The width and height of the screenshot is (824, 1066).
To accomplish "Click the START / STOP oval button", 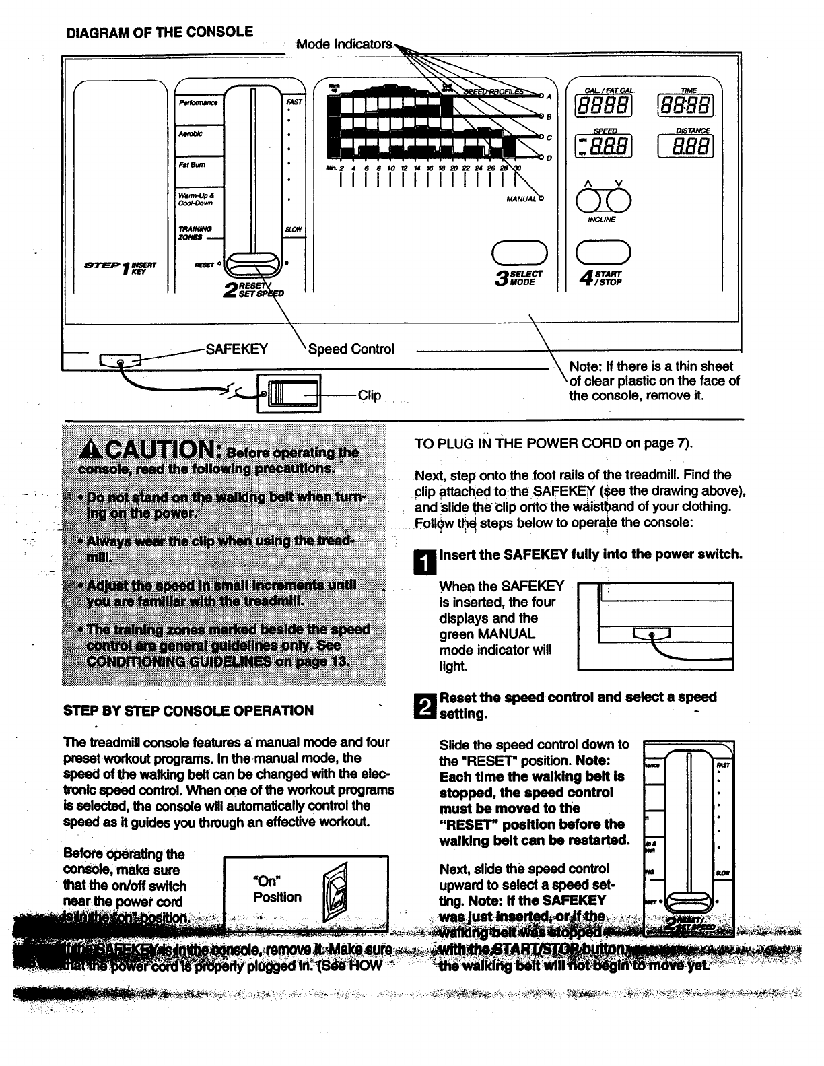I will pyautogui.click(x=603, y=253).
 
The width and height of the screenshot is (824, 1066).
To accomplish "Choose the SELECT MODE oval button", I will pyautogui.click(x=519, y=253).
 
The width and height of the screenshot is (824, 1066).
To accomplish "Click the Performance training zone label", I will pyautogui.click(x=198, y=103).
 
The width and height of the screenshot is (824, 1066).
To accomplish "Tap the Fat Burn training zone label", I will pyautogui.click(x=193, y=164).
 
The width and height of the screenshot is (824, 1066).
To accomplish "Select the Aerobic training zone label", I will pyautogui.click(x=191, y=133).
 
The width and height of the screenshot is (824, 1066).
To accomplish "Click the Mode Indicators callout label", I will pyautogui.click(x=344, y=44).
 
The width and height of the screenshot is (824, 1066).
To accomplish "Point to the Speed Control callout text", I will pyautogui.click(x=351, y=349).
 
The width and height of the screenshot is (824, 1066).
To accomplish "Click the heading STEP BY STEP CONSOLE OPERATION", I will pyautogui.click(x=188, y=710).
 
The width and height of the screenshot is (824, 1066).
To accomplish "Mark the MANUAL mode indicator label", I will pyautogui.click(x=520, y=199).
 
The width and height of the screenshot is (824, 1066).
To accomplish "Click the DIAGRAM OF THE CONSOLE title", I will pyautogui.click(x=159, y=32).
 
